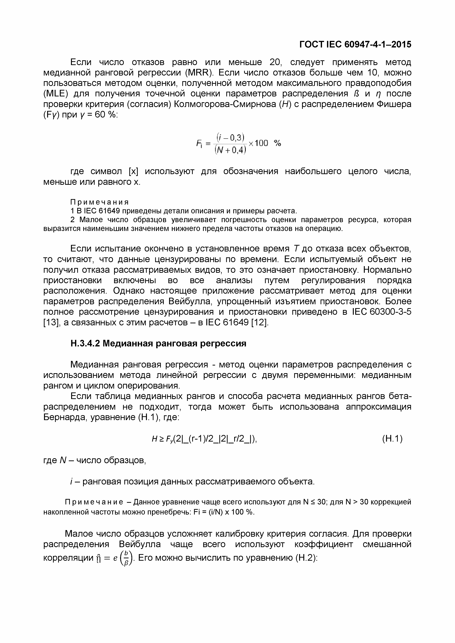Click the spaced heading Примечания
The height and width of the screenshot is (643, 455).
[99, 202]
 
